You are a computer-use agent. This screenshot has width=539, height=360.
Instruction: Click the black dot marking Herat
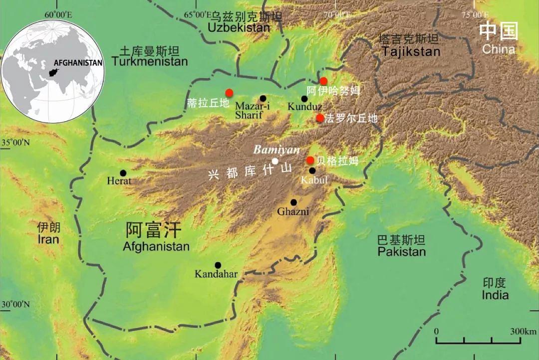(123, 173)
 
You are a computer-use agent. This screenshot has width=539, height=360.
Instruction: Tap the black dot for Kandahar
(218, 265)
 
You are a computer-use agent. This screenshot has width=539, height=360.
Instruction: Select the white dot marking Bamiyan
(275, 161)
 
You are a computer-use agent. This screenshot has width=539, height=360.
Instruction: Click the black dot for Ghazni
(293, 202)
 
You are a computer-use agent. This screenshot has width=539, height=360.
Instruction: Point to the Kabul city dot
(312, 171)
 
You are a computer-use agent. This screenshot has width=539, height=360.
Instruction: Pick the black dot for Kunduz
(304, 99)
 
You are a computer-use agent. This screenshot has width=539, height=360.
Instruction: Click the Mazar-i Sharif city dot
(263, 98)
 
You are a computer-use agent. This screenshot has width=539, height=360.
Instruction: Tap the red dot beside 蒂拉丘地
(229, 92)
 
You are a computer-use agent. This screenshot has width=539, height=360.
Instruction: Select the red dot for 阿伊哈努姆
(323, 81)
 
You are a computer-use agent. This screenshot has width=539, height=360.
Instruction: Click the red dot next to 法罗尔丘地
(320, 118)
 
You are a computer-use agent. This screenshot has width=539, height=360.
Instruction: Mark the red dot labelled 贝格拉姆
(310, 160)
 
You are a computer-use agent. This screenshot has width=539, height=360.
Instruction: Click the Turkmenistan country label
(150, 62)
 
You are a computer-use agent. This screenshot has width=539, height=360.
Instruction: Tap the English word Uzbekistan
(239, 28)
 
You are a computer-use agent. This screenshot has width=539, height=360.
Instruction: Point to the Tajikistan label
(410, 51)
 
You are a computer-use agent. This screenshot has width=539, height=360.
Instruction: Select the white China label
(499, 49)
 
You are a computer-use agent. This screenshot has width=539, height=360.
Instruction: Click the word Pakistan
(401, 252)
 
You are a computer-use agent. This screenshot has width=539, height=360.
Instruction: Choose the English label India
(495, 295)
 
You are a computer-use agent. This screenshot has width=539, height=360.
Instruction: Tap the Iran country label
(48, 240)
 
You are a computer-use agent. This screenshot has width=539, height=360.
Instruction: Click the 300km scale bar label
(523, 332)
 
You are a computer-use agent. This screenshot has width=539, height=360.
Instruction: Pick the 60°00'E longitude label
(58, 14)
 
